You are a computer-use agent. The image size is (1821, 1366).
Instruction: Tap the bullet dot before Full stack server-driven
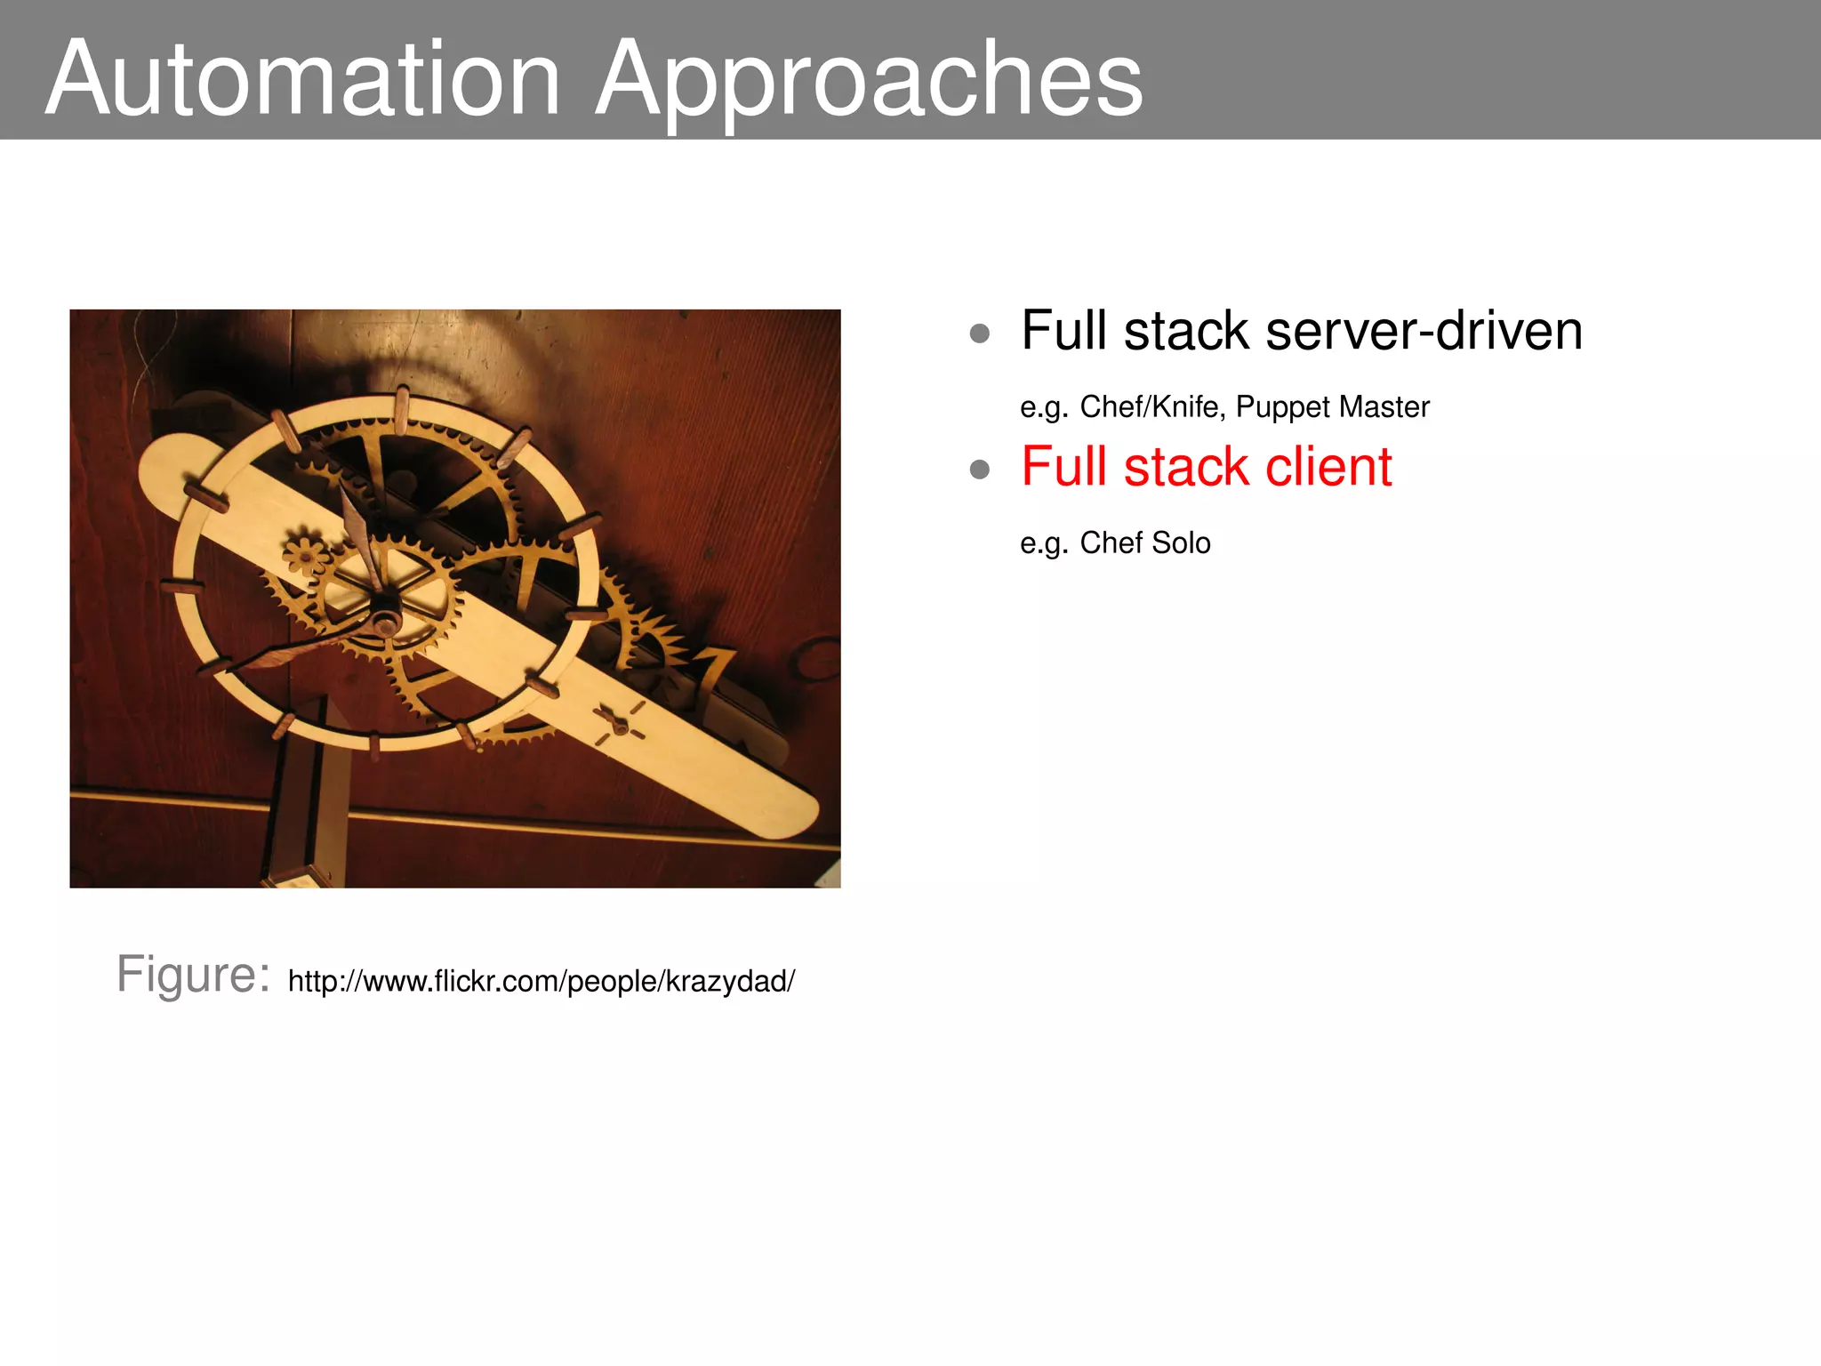980,333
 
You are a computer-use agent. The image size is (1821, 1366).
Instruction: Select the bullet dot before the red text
980,469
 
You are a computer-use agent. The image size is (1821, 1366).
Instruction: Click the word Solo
1181,542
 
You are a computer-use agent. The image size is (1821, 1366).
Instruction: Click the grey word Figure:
193,974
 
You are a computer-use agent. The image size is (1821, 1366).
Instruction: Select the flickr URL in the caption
541,981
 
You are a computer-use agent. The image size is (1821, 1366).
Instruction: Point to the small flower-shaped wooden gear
305,557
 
